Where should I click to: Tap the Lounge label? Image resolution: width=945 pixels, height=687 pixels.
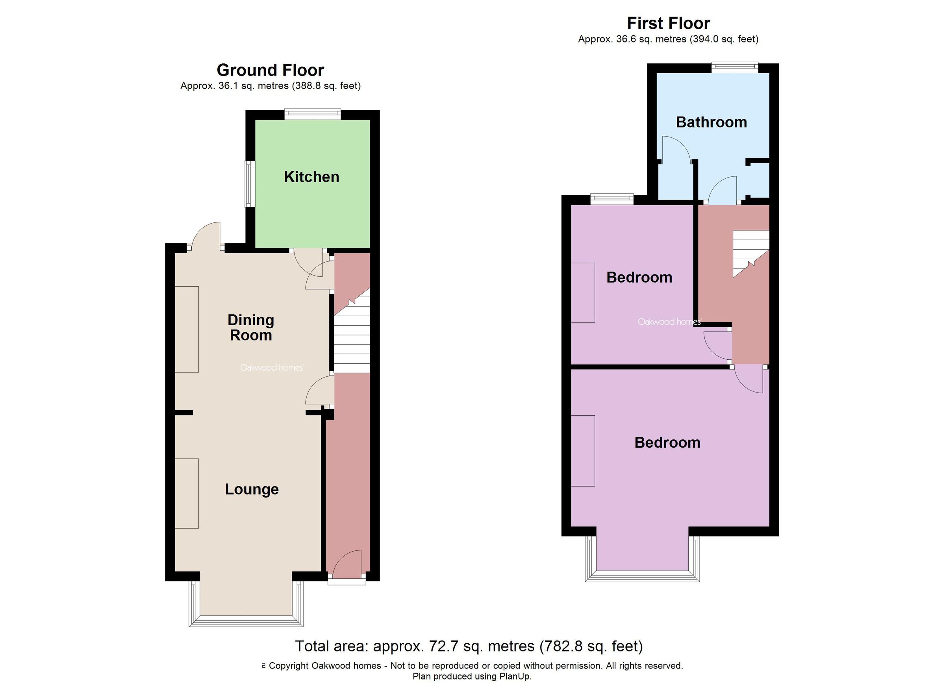[252, 489]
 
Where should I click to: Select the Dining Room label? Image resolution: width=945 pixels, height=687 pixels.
[251, 328]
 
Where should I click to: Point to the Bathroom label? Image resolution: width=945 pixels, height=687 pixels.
[711, 122]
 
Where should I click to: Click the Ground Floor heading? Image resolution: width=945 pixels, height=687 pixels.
[270, 70]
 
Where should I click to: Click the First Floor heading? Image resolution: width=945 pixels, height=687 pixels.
[668, 23]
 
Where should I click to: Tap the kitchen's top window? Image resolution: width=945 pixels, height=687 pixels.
[313, 114]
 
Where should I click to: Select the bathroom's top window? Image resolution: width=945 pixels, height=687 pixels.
[734, 67]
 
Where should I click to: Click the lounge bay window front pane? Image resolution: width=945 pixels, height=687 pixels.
[246, 622]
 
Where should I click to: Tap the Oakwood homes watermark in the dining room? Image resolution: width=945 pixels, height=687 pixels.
[272, 367]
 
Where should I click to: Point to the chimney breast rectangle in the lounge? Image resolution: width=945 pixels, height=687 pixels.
[186, 493]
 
